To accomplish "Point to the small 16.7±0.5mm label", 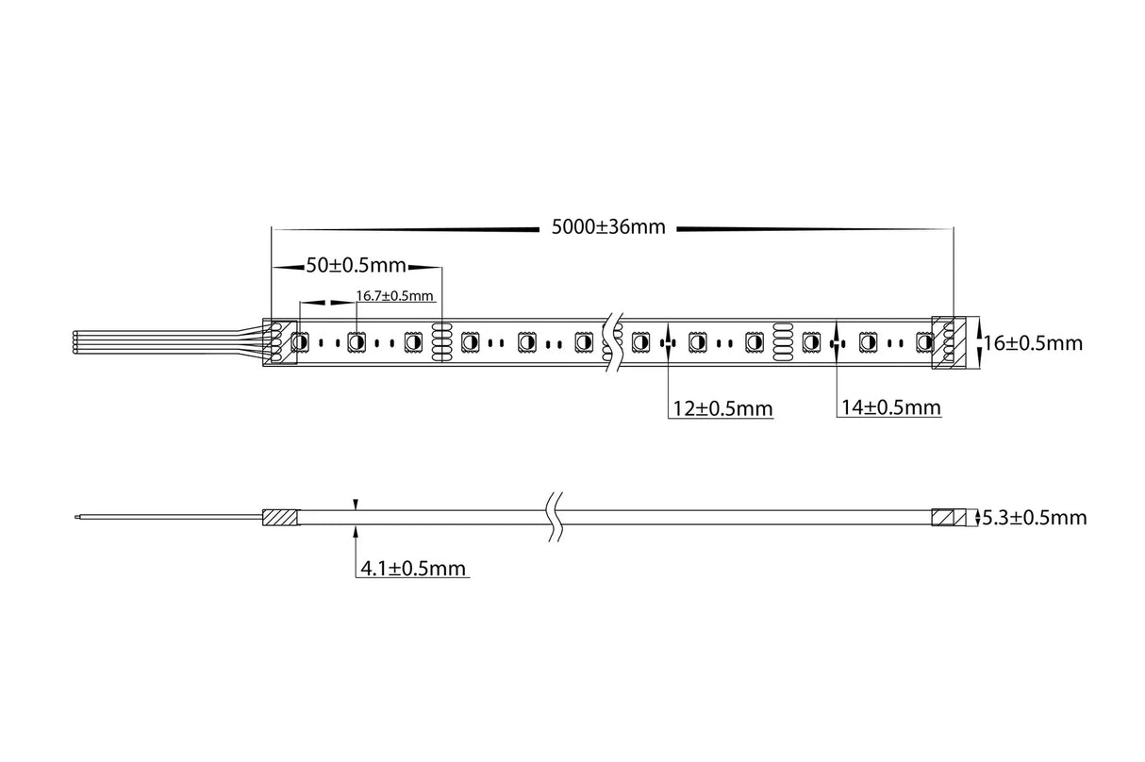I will (394, 295).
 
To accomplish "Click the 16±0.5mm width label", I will (1033, 343).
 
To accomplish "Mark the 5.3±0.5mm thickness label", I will (1034, 518).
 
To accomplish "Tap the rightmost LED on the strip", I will (924, 342).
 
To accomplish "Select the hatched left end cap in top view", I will (278, 341).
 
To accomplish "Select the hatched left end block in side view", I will (279, 518).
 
